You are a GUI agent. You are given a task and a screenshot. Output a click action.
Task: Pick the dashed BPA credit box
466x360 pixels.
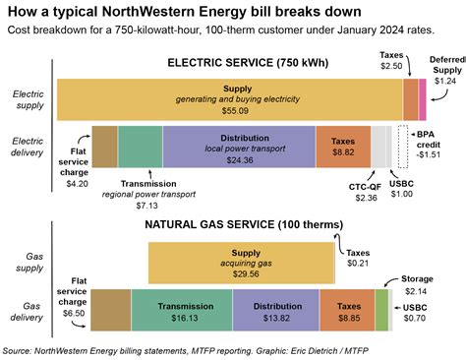coord(402,146)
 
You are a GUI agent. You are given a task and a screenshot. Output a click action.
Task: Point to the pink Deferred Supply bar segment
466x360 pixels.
coord(423,99)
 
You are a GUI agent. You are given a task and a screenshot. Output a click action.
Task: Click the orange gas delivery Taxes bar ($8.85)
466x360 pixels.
coord(347,307)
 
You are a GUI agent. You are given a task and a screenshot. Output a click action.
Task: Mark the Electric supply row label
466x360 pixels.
coord(28,99)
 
